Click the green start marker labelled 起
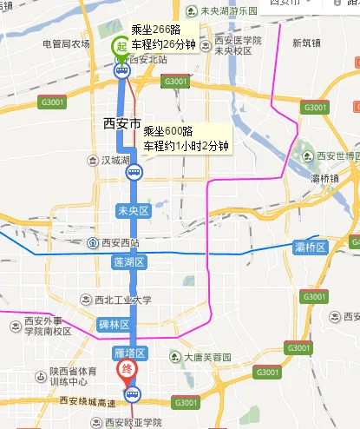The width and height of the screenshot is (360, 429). click(x=120, y=49)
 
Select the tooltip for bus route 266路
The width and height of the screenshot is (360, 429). click(x=165, y=36)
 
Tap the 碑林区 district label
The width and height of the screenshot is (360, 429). click(x=114, y=324)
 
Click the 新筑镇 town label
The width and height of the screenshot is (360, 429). click(x=306, y=42)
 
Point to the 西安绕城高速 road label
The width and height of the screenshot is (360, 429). click(x=75, y=402)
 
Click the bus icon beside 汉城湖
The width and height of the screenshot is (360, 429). click(x=134, y=172)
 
